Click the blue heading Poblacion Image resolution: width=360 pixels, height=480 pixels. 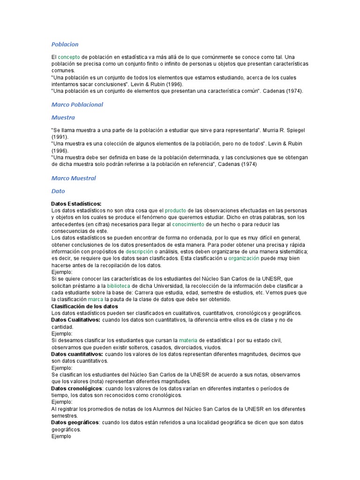click(x=65, y=45)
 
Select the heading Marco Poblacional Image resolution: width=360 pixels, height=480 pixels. click(x=77, y=105)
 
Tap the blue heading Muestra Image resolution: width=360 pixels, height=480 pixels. click(x=63, y=118)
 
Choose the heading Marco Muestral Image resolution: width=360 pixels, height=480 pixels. click(x=73, y=178)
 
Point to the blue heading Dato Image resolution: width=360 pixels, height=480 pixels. click(x=58, y=191)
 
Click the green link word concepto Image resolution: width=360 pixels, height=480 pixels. click(x=68, y=57)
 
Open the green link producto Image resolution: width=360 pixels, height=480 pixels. click(x=175, y=211)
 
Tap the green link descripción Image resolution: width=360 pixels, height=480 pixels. click(x=139, y=252)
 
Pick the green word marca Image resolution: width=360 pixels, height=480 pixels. click(x=95, y=300)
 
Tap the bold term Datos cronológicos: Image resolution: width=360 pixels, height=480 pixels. click(x=77, y=389)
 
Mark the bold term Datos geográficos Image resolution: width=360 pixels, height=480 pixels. click(x=75, y=423)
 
